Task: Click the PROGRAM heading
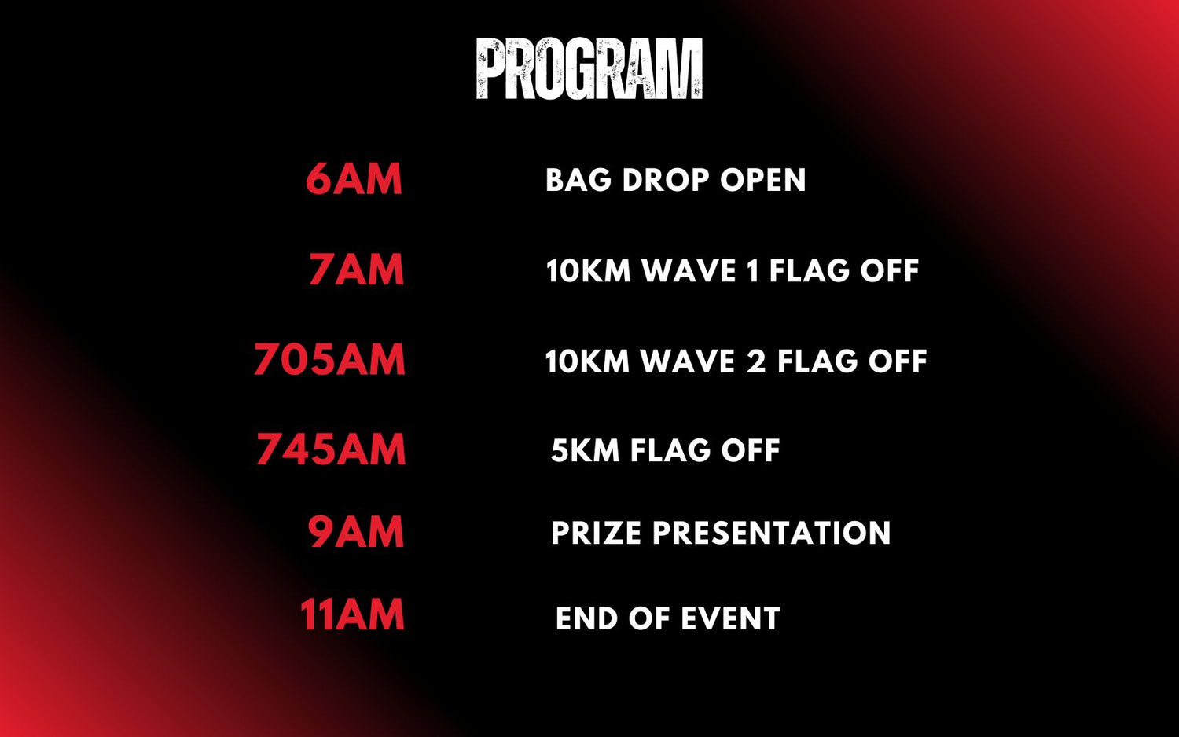coord(589,68)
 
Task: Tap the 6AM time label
coord(354,179)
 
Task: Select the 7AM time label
coord(356,269)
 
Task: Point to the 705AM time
coord(329,359)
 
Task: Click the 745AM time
coord(331,449)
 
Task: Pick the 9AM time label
coord(356,532)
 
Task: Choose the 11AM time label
coord(352,614)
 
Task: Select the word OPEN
coord(763,180)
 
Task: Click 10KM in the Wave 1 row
coord(589,270)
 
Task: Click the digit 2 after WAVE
coord(756,361)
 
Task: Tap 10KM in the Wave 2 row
coord(587,361)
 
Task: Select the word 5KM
coord(586,451)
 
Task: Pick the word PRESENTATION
coord(772,533)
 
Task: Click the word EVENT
coord(730,618)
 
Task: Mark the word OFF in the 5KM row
coord(751,451)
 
